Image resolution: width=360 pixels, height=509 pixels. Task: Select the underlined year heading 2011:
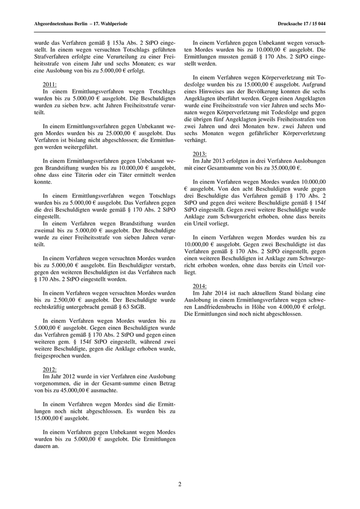tap(50, 84)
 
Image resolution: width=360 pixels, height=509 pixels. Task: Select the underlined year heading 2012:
tap(50, 370)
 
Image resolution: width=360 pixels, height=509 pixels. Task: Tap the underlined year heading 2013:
tap(200, 154)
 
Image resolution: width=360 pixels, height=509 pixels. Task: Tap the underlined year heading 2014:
tap(200, 286)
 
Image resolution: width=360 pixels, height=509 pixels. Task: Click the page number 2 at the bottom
tap(180, 484)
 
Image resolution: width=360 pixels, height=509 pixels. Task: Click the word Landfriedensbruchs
tap(222, 306)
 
